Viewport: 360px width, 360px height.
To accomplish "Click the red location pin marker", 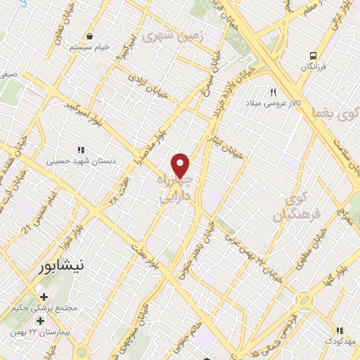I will (x=181, y=166).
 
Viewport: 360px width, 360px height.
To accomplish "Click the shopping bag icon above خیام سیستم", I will (x=89, y=37).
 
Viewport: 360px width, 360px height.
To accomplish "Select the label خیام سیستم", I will (x=89, y=47).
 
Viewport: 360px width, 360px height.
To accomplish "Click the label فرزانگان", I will (x=314, y=66).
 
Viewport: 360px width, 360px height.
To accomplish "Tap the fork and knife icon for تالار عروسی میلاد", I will (x=274, y=92).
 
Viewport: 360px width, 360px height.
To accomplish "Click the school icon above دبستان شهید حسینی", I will (x=81, y=150).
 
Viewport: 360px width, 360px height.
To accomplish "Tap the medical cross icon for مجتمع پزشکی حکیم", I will (x=44, y=297).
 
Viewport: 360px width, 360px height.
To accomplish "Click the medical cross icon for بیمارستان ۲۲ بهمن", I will (x=40, y=321).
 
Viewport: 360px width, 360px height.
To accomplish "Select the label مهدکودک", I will (x=340, y=340).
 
